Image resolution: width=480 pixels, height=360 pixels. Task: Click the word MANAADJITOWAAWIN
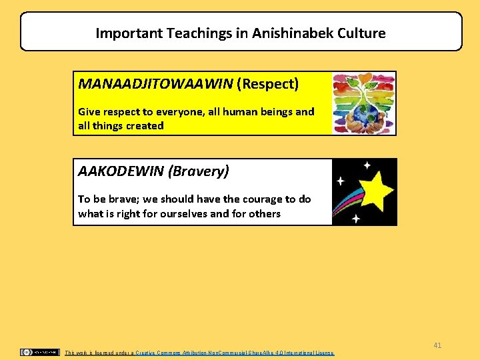click(x=155, y=84)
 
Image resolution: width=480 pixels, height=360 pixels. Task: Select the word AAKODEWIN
click(x=121, y=171)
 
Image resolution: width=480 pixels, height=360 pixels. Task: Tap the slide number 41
click(x=437, y=345)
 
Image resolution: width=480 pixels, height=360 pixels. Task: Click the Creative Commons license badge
click(x=39, y=352)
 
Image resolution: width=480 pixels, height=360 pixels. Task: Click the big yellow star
click(x=376, y=190)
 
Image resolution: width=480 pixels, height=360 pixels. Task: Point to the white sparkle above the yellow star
click(x=367, y=165)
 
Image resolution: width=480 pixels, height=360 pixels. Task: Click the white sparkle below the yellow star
click(x=356, y=218)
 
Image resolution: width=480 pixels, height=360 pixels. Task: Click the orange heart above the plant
click(x=363, y=79)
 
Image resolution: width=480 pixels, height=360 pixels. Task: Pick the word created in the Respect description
click(x=145, y=126)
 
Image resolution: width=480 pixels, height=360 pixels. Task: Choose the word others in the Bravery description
click(x=264, y=214)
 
